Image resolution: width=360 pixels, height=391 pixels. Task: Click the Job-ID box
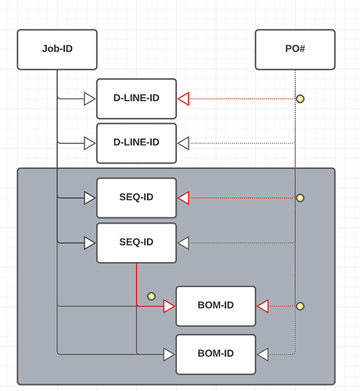(x=57, y=49)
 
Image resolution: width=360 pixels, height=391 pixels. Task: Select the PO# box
(x=295, y=49)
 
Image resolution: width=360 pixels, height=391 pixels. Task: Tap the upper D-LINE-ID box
(x=136, y=99)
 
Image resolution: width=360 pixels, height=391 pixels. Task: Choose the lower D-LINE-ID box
(x=136, y=143)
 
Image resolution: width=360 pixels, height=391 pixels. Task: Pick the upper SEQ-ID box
(x=136, y=198)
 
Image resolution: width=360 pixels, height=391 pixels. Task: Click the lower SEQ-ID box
(x=136, y=243)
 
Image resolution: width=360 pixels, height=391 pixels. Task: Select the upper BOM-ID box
(x=216, y=306)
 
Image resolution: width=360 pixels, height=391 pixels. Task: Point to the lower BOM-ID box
(x=216, y=354)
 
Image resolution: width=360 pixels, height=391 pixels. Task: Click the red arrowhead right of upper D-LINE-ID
(x=183, y=99)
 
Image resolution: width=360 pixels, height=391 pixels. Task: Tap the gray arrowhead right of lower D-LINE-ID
(x=183, y=143)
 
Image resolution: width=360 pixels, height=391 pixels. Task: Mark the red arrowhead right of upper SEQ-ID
(x=183, y=198)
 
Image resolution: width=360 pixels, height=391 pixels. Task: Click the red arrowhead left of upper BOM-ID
(x=169, y=306)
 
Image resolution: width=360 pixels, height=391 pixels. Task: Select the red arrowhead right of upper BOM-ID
(x=263, y=306)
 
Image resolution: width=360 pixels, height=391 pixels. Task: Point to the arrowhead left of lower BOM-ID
(x=169, y=354)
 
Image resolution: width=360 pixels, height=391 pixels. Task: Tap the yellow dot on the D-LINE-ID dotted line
(x=300, y=99)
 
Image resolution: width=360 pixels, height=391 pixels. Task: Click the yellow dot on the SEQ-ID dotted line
(x=300, y=198)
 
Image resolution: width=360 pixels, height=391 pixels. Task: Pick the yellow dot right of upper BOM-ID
(x=300, y=306)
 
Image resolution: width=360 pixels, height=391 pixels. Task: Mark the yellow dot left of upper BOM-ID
(x=151, y=296)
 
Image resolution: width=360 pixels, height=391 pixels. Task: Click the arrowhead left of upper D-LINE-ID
(x=90, y=99)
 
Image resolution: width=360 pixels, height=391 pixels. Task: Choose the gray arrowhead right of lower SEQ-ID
(x=183, y=243)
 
